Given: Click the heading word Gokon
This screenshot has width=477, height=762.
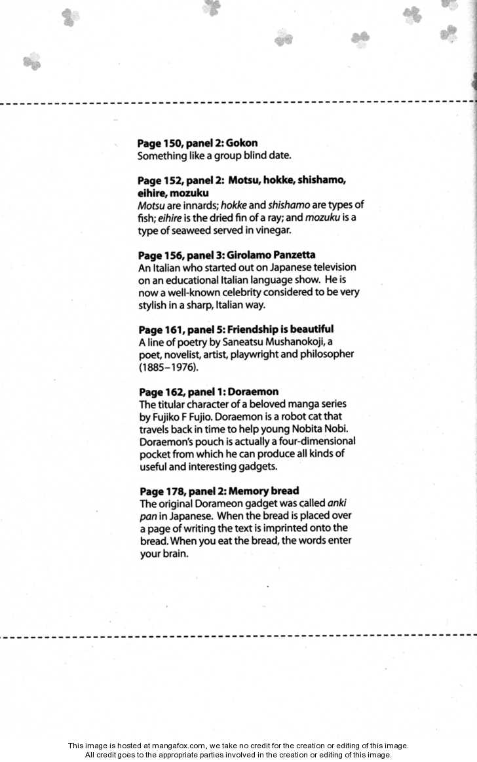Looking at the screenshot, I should point(241,143).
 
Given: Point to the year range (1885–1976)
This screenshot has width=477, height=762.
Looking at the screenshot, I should point(169,367).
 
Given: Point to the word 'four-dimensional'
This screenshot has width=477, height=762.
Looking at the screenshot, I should point(316,442).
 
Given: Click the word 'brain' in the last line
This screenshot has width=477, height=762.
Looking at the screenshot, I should point(173,554).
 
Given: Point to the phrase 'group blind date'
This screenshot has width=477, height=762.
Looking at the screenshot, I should point(250,156).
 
